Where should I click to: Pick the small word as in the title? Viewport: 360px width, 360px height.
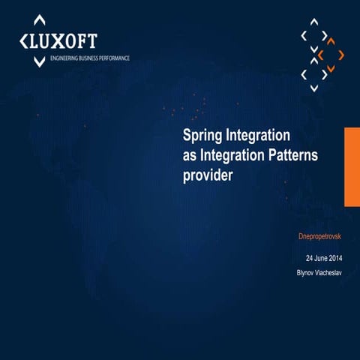pos(190,156)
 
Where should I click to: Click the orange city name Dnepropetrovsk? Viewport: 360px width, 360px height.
pos(320,237)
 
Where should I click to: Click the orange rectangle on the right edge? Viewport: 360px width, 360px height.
pos(352,166)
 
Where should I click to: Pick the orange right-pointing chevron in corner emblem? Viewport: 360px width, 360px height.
pos(341,55)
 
